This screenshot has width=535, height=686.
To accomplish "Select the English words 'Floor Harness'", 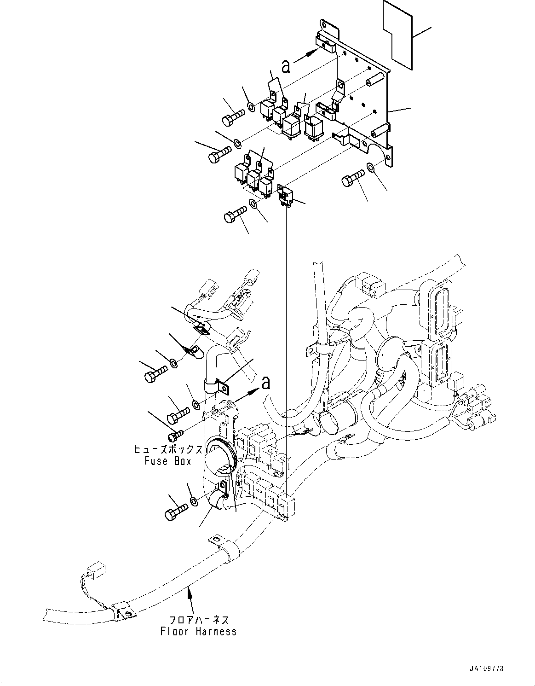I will pos(199,631).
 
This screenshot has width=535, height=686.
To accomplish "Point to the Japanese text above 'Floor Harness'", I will pos(199,620).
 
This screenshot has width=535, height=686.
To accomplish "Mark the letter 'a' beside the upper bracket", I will pos(286,67).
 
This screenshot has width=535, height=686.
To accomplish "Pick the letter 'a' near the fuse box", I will pos(265,382).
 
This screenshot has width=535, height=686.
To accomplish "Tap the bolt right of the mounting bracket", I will pos(352,178).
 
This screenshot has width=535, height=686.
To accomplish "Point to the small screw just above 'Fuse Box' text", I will pos(176,434).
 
